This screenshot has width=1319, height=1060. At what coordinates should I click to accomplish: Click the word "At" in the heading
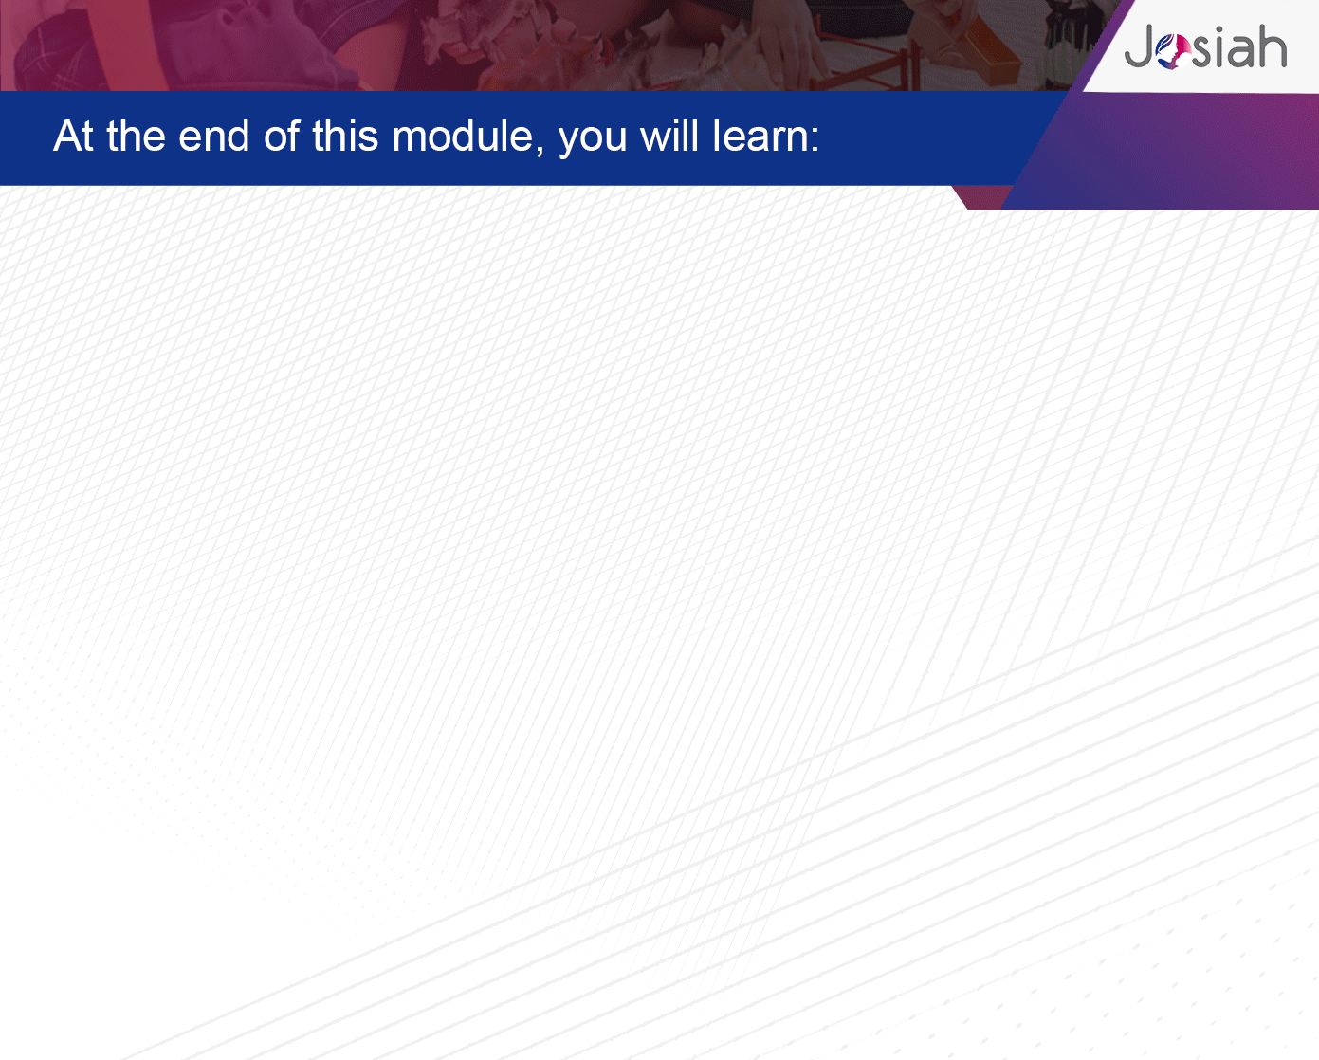point(73,136)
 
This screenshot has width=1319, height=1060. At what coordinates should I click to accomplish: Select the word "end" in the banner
point(213,136)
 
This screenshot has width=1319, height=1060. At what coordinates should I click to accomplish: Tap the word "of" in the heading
point(282,136)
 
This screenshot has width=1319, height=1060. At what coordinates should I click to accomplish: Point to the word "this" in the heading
point(345,136)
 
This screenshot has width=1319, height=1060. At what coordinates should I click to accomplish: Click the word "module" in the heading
point(463,136)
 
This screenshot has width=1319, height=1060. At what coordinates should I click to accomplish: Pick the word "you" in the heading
point(593,140)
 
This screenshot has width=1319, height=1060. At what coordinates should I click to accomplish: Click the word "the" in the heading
point(136,136)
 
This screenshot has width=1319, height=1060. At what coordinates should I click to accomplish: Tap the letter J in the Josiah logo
point(1139,46)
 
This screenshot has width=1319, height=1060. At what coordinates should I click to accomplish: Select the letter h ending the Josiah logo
point(1271,46)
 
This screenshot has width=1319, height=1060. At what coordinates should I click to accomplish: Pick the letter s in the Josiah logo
point(1203,51)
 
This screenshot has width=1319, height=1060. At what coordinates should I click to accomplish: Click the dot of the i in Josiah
point(1223,30)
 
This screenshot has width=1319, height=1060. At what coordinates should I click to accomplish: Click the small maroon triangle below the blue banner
point(980,197)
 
